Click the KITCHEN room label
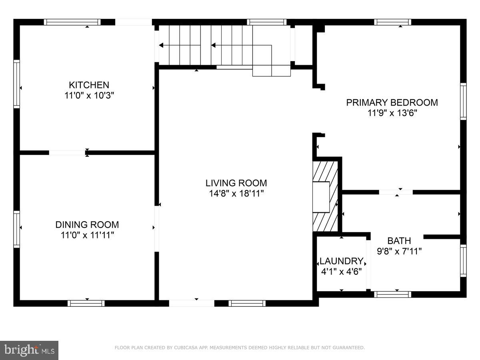click(89, 85)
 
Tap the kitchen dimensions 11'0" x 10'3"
click(89, 96)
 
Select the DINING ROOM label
click(87, 225)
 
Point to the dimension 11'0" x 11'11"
click(87, 235)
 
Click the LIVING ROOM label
click(236, 183)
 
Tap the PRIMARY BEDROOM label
click(392, 102)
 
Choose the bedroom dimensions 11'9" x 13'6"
click(392, 113)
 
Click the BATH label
click(399, 241)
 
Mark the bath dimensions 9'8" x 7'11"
click(399, 251)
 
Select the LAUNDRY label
click(341, 262)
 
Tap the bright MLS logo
click(30, 350)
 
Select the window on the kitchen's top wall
click(72, 22)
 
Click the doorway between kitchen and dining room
click(67, 152)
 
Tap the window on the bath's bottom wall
click(392, 294)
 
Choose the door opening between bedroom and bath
click(396, 192)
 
